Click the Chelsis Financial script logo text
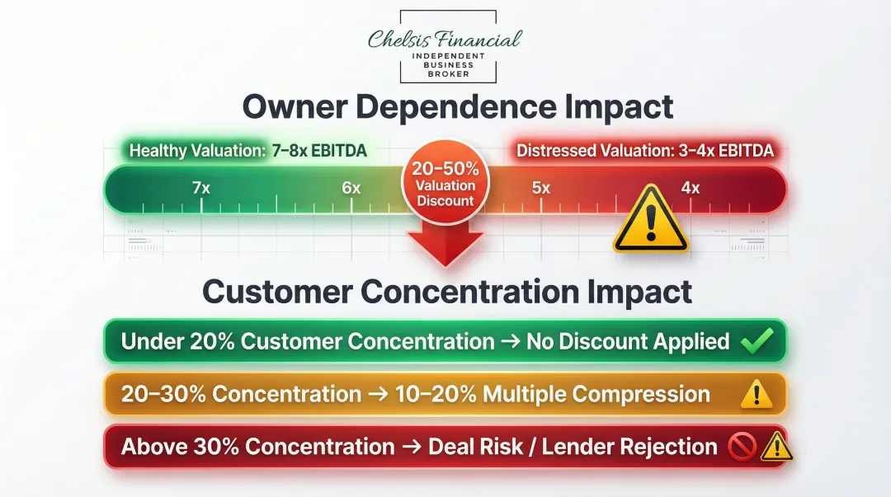pyautogui.click(x=445, y=39)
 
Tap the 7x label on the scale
pyautogui.click(x=201, y=188)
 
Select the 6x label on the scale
pyautogui.click(x=351, y=188)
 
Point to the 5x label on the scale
pyautogui.click(x=540, y=188)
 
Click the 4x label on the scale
pyautogui.click(x=690, y=188)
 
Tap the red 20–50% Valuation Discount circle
pyautogui.click(x=445, y=184)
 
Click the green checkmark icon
pyautogui.click(x=757, y=341)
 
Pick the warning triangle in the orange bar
pyautogui.click(x=757, y=395)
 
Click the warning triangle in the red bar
pyautogui.click(x=775, y=448)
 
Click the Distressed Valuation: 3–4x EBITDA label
pyautogui.click(x=644, y=151)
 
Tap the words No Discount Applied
pyautogui.click(x=628, y=341)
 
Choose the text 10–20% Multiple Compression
pyautogui.click(x=564, y=394)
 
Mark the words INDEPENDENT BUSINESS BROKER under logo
pyautogui.click(x=448, y=65)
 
